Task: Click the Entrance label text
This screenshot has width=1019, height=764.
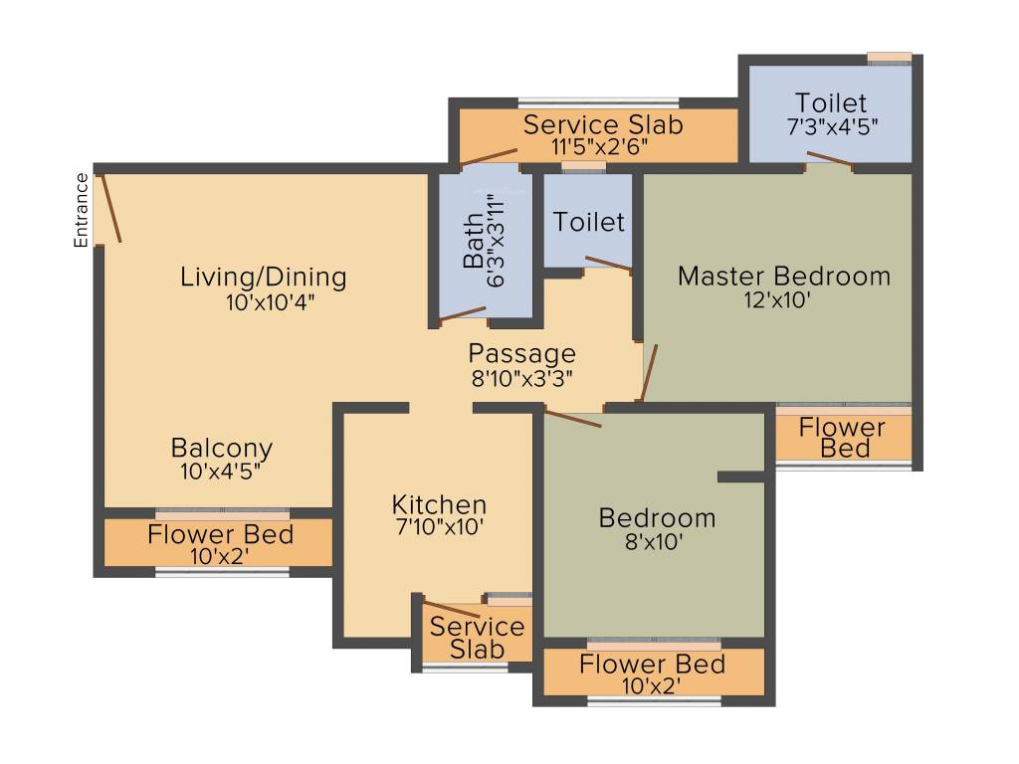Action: [x=82, y=210]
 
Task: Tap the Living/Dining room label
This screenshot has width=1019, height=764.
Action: [x=263, y=277]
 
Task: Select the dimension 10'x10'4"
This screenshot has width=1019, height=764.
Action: [x=264, y=302]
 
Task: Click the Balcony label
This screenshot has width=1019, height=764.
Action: [x=221, y=448]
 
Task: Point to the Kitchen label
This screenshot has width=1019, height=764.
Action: [x=439, y=504]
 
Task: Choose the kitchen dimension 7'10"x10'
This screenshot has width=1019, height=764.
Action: [x=439, y=528]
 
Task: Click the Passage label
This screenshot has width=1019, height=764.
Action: [x=521, y=353]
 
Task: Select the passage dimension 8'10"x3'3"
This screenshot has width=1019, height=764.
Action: [x=521, y=378]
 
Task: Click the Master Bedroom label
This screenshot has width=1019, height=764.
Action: [x=783, y=276]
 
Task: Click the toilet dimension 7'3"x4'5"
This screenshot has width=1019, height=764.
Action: [x=832, y=127]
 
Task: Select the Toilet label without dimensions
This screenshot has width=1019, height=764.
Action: [x=589, y=222]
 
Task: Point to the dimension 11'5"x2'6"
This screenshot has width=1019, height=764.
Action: [x=603, y=147]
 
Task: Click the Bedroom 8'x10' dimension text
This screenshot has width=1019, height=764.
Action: [x=657, y=543]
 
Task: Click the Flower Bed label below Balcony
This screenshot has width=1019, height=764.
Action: [x=220, y=534]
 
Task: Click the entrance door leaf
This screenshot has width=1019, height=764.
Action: [x=111, y=208]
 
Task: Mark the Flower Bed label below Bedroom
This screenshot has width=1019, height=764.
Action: [x=652, y=664]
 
